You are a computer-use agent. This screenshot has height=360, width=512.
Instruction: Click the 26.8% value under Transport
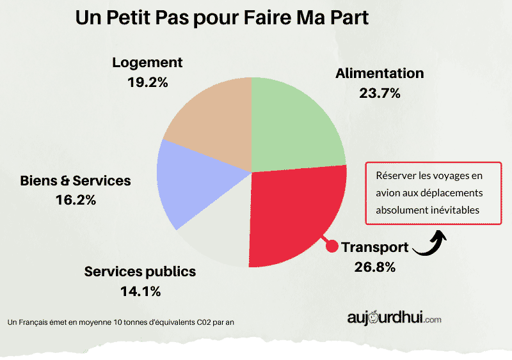tap(375, 266)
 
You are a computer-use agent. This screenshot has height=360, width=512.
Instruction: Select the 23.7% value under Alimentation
tap(380, 93)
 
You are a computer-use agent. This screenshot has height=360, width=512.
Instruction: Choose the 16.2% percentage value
tap(76, 200)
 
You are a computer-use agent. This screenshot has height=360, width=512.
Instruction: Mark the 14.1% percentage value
tap(140, 292)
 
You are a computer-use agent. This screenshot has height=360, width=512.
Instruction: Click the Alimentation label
tap(380, 73)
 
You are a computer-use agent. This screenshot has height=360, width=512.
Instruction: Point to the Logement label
tap(147, 62)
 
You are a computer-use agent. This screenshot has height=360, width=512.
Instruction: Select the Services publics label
tap(140, 272)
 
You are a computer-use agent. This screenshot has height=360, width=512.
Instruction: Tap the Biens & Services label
tap(76, 180)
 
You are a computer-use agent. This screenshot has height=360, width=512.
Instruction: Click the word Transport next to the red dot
tap(374, 247)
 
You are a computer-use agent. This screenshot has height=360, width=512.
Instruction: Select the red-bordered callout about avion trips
tap(433, 192)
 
